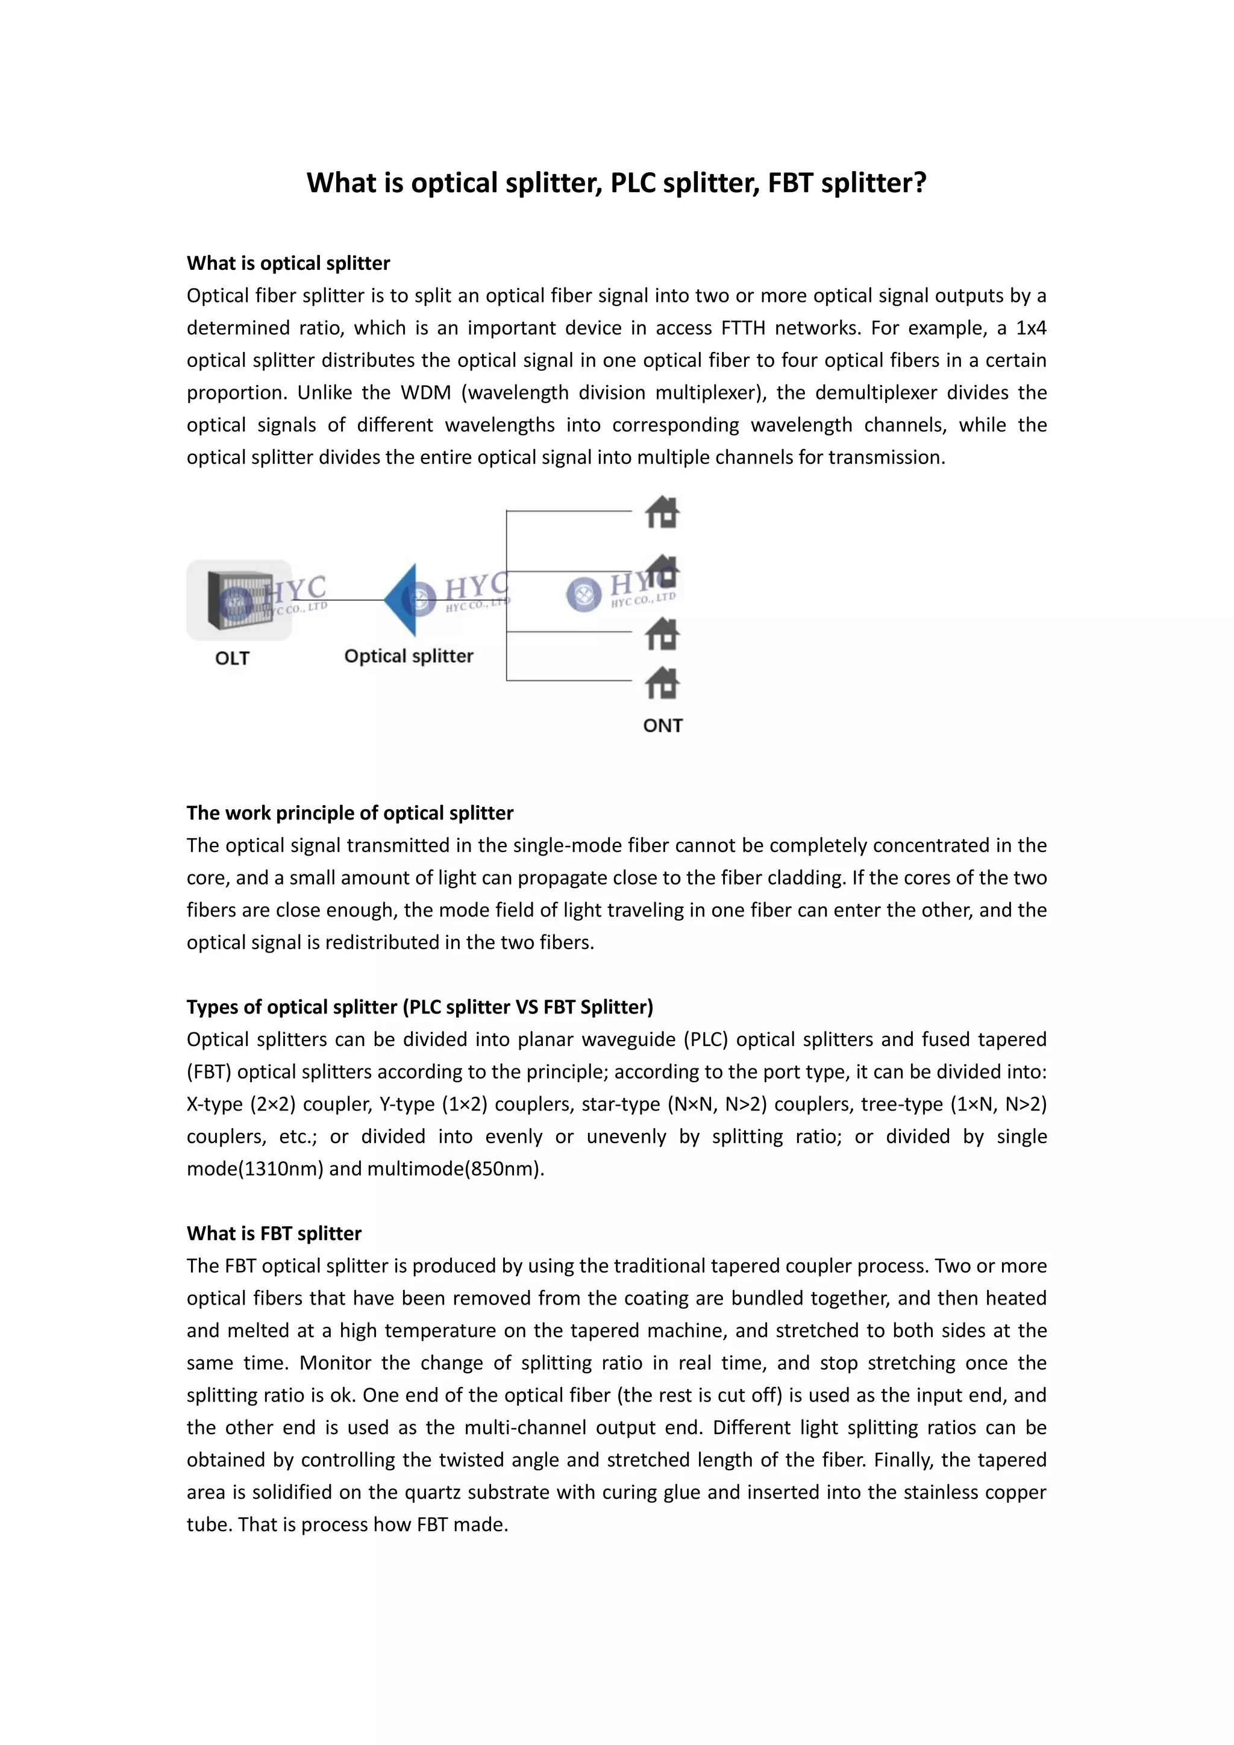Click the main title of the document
coord(616,183)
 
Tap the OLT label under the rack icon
coord(232,658)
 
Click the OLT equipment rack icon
coord(239,600)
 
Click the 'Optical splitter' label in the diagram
coord(408,656)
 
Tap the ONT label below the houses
coord(663,725)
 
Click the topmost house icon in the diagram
coord(662,512)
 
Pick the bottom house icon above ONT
coord(662,683)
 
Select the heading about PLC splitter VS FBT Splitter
coord(419,1006)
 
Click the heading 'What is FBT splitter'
coord(274,1233)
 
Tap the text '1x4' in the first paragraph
coord(1030,328)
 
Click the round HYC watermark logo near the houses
coord(584,594)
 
